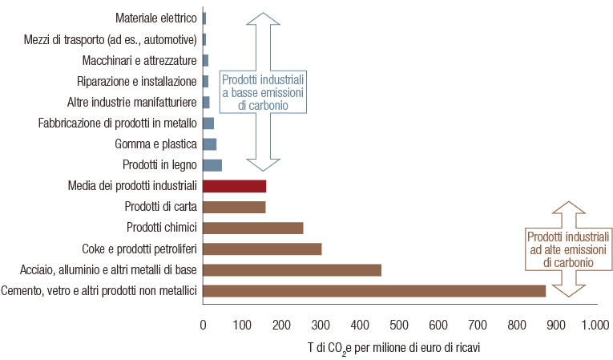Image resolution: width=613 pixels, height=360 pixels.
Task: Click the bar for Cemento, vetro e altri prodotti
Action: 373,290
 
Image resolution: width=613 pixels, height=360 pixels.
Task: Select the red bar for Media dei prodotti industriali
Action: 234,186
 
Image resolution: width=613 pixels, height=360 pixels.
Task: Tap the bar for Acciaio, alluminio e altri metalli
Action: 292,269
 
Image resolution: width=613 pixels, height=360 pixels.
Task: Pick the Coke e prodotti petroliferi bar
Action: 262,249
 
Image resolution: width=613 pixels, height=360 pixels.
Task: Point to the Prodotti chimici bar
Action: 253,228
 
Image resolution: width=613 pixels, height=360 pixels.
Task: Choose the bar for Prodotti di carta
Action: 234,207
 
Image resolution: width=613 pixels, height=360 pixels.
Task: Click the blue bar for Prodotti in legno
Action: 212,165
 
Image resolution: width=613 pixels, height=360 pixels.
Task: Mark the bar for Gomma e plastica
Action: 210,144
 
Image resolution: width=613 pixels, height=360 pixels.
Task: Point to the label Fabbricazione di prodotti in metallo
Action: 117,123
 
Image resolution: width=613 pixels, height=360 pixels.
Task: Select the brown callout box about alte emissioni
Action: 568,249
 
